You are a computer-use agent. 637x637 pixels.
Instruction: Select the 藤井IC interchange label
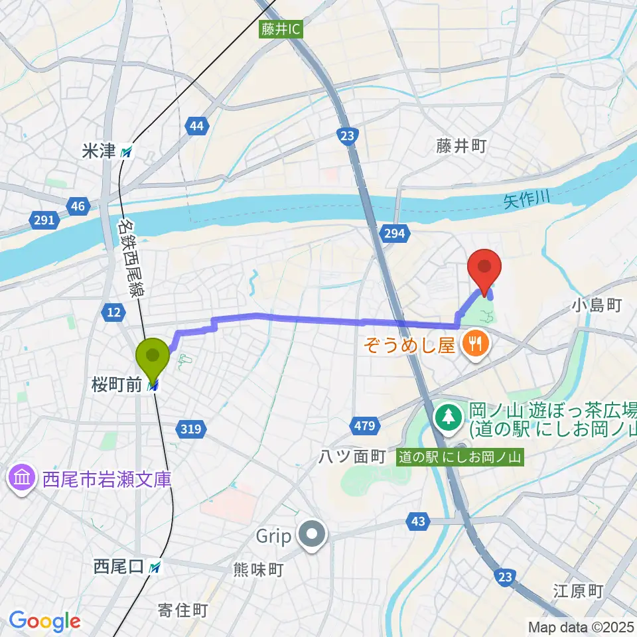[281, 29]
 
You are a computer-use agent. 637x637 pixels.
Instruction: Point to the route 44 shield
[196, 126]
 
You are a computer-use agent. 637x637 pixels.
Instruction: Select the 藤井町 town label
[461, 147]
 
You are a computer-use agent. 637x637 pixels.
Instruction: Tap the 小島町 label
[595, 305]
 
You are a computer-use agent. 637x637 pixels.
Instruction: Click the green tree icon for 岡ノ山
[449, 417]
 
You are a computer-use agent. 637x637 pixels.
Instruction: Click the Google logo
[44, 621]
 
